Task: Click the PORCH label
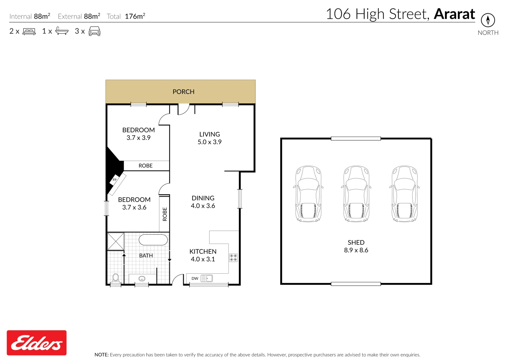pyautogui.click(x=183, y=92)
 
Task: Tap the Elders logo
pyautogui.click(x=37, y=343)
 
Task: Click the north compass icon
pyautogui.click(x=488, y=20)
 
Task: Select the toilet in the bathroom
pyautogui.click(x=115, y=278)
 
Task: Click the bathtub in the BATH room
pyautogui.click(x=153, y=240)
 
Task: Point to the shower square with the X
pyautogui.click(x=116, y=241)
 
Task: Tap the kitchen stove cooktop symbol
pyautogui.click(x=233, y=258)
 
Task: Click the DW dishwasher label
pyautogui.click(x=195, y=278)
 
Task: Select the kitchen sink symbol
pyautogui.click(x=206, y=278)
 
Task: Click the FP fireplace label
pyautogui.click(x=114, y=180)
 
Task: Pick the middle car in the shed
pyautogui.click(x=356, y=194)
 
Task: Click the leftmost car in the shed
pyautogui.click(x=308, y=194)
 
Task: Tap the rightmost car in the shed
pyautogui.click(x=404, y=194)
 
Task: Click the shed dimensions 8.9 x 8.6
pyautogui.click(x=356, y=250)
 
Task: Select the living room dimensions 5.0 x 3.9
pyautogui.click(x=209, y=142)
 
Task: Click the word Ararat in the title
pyautogui.click(x=454, y=14)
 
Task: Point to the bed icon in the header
pyautogui.click(x=29, y=31)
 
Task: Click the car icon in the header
pyautogui.click(x=94, y=31)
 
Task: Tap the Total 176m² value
pyautogui.click(x=135, y=16)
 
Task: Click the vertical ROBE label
pyautogui.click(x=164, y=214)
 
